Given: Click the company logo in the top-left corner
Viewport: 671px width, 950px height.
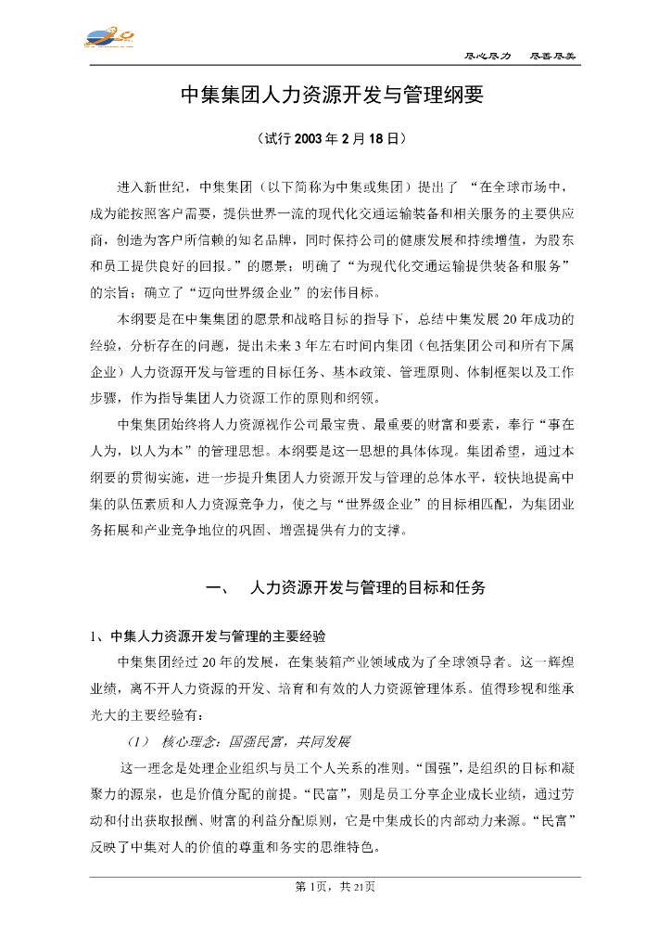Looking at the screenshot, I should click(x=109, y=38).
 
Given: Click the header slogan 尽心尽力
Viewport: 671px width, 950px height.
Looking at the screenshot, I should click(x=487, y=56).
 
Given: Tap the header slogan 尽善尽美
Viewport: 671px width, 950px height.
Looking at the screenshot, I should click(x=552, y=56).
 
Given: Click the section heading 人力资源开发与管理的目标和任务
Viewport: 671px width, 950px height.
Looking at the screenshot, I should click(x=368, y=588).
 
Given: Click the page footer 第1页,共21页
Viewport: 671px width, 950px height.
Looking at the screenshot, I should click(x=335, y=887).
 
